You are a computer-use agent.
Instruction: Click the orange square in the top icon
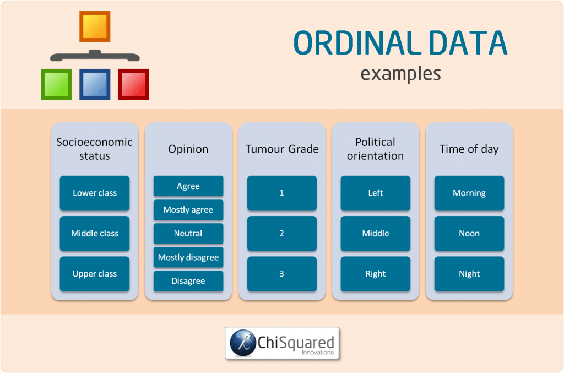[95, 26]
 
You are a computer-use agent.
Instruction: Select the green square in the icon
[56, 84]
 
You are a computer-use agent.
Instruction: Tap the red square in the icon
[133, 84]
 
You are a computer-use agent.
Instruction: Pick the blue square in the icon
[95, 84]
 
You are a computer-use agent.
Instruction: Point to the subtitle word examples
[400, 73]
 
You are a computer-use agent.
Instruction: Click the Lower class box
[95, 193]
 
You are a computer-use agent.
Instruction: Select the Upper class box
[95, 274]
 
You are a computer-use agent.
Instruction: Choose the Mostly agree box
[188, 210]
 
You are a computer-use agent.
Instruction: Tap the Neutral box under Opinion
[188, 234]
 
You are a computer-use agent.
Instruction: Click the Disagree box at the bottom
[188, 281]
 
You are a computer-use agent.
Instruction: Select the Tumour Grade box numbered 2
[282, 234]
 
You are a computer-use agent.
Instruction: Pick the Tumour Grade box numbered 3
[282, 274]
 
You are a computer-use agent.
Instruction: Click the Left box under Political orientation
[376, 193]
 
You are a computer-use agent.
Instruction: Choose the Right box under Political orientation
[376, 274]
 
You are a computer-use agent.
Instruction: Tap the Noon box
[469, 234]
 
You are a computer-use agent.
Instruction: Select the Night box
[469, 274]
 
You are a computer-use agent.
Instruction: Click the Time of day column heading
[469, 149]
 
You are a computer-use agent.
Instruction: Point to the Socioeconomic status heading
[95, 149]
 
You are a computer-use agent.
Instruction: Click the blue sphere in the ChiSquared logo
[243, 343]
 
